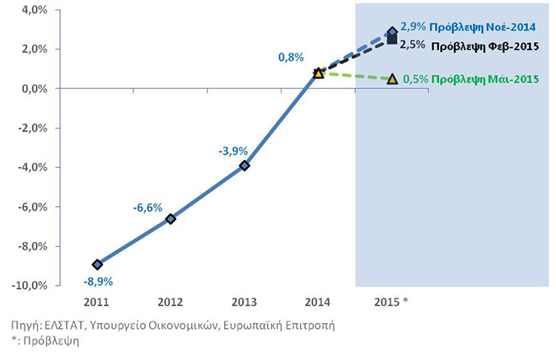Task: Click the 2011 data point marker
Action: tap(97, 264)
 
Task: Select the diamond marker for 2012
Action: tap(171, 219)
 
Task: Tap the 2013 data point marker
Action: tap(245, 166)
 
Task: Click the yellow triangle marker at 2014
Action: tap(319, 73)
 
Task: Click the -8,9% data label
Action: tap(98, 282)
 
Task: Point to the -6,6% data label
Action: tap(147, 208)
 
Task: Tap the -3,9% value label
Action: tap(233, 151)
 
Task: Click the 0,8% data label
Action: tap(291, 57)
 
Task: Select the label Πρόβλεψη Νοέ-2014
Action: tap(483, 27)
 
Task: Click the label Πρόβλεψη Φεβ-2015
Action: tap(485, 46)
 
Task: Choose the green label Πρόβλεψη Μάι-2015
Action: tap(485, 79)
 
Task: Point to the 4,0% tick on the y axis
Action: tap(35, 10)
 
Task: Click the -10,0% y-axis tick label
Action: tap(30, 286)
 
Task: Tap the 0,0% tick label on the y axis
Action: tap(35, 89)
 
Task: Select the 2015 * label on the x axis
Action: tap(391, 302)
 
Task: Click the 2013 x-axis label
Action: tap(244, 302)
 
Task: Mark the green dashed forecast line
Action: tap(355, 76)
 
